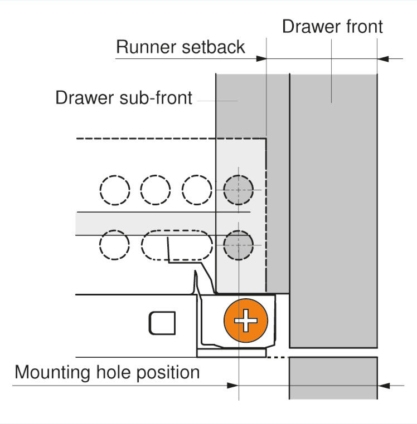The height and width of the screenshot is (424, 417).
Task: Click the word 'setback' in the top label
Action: point(213,47)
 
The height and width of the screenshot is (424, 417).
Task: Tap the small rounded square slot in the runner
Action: point(162,322)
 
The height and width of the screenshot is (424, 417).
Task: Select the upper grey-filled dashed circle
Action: point(238,190)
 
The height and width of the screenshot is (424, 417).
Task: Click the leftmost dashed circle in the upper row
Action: point(115,190)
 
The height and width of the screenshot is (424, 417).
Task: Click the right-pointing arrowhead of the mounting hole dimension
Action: point(233,385)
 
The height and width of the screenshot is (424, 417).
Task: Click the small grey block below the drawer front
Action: point(333,378)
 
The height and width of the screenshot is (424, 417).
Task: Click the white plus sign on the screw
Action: point(245,322)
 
